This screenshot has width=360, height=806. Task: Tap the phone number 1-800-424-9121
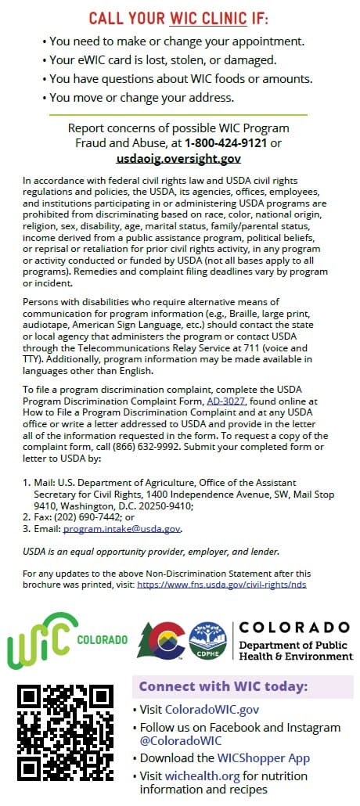(227, 143)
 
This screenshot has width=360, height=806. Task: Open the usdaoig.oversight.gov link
(178, 158)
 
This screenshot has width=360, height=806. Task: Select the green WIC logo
(42, 639)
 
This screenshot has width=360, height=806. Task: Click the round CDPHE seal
(207, 641)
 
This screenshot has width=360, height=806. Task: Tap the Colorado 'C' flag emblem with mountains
(162, 639)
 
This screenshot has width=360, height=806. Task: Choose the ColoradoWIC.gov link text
(211, 710)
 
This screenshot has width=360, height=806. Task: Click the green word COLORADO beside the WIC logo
(103, 639)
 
